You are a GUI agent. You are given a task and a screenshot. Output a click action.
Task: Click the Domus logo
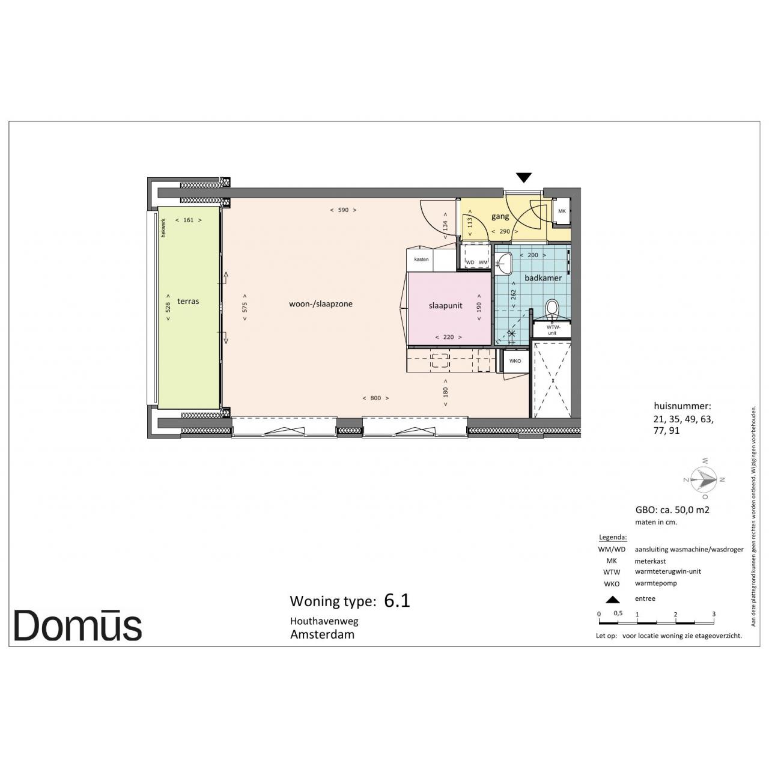(x=78, y=625)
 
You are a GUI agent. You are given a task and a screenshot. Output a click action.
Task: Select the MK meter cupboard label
(x=562, y=211)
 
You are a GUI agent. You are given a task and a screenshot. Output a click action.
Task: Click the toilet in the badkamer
(x=552, y=310)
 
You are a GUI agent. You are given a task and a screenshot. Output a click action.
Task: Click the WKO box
(x=515, y=361)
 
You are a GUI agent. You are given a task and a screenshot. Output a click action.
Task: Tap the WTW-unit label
(x=552, y=330)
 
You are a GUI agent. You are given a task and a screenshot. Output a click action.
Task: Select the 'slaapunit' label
(x=445, y=306)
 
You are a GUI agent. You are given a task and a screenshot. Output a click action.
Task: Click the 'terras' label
(x=188, y=302)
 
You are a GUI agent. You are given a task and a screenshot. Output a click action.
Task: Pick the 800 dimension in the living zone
(x=375, y=398)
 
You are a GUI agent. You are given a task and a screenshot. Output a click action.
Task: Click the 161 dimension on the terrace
(x=189, y=220)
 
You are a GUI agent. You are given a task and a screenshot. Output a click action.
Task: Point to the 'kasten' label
(x=421, y=260)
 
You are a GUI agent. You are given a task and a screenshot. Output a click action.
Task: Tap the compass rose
(x=705, y=479)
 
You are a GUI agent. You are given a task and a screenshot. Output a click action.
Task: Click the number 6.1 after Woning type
(x=397, y=601)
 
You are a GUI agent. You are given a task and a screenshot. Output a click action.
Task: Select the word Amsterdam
(x=323, y=634)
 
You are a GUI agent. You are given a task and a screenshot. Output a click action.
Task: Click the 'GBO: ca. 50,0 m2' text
(x=672, y=509)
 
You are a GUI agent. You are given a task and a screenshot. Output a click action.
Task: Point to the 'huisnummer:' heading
(x=682, y=406)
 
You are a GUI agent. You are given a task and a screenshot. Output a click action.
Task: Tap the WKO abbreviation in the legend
(x=612, y=584)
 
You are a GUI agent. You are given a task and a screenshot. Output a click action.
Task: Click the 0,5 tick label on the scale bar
(x=618, y=613)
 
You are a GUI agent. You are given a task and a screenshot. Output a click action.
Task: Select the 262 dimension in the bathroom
(x=514, y=294)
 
